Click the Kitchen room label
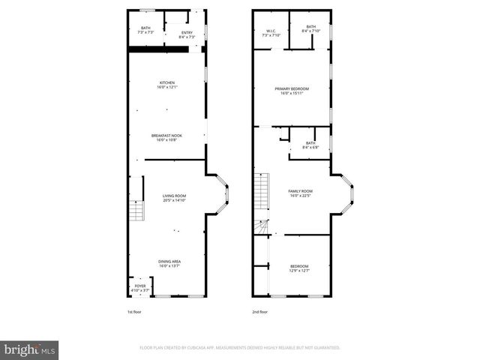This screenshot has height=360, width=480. click(166, 85)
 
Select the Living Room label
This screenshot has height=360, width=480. click(174, 198)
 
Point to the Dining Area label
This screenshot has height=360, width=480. click(169, 262)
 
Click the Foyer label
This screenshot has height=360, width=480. click(140, 288)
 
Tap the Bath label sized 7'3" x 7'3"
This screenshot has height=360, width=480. click(145, 31)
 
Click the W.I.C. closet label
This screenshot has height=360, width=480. click(270, 33)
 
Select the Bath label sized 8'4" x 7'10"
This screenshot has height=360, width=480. click(310, 31)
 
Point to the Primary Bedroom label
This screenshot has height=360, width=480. click(295, 91)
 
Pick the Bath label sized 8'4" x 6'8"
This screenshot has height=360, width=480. click(310, 145)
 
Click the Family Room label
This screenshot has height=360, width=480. click(300, 193)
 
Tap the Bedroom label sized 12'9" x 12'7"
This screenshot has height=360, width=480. click(299, 268)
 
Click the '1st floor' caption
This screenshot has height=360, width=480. click(136, 311)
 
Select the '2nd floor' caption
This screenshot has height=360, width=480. click(260, 311)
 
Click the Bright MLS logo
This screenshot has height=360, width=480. click(30, 349)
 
